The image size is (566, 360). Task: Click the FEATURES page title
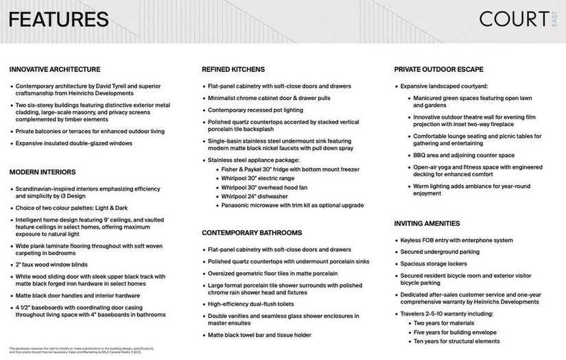tap(59, 19)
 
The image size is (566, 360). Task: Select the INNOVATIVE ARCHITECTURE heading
tap(55, 69)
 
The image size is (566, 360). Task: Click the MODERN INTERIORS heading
tap(43, 172)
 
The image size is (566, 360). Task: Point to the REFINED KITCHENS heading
tap(237, 69)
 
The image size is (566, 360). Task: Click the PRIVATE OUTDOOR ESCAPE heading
tap(438, 69)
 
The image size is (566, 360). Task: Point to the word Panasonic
tap(237, 205)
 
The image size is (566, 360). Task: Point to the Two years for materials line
tap(453, 322)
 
